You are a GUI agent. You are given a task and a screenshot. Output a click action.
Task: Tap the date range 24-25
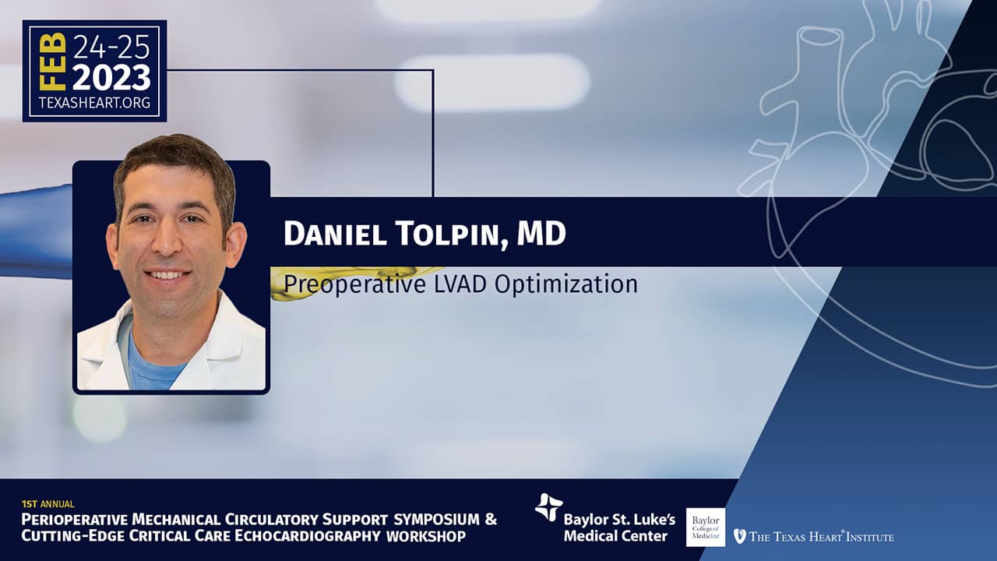pyautogui.click(x=111, y=48)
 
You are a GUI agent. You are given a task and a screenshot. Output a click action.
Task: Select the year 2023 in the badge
pyautogui.click(x=111, y=77)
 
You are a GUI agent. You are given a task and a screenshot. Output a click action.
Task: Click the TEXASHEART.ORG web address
pyautogui.click(x=94, y=103)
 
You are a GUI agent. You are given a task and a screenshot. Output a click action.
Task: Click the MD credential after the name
pyautogui.click(x=541, y=233)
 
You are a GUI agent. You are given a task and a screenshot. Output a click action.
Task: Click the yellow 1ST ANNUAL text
pyautogui.click(x=48, y=504)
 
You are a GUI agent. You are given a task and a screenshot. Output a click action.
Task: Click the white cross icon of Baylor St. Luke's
pyautogui.click(x=548, y=507)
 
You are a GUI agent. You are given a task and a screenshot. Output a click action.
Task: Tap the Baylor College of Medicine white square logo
pyautogui.click(x=706, y=527)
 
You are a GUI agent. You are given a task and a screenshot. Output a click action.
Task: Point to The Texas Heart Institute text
pyautogui.click(x=822, y=536)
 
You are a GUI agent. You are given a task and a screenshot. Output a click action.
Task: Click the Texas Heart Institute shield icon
pyautogui.click(x=739, y=535)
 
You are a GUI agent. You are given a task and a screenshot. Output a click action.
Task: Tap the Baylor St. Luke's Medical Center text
pyautogui.click(x=619, y=527)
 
